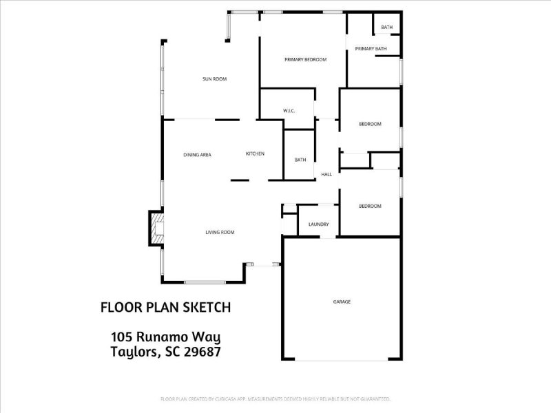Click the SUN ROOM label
(214, 79)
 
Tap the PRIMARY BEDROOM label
(305, 60)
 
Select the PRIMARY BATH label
(371, 49)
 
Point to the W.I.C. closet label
(289, 111)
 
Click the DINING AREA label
(197, 155)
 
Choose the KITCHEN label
(255, 153)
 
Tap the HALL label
(326, 174)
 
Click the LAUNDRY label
(318, 224)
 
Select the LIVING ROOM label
(220, 233)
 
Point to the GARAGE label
(342, 301)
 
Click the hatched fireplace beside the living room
(156, 229)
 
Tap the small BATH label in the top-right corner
(386, 28)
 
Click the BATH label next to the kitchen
(300, 160)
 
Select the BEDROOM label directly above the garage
(370, 206)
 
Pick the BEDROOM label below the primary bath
(370, 124)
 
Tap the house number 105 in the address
(122, 337)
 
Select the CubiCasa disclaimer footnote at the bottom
(275, 399)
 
